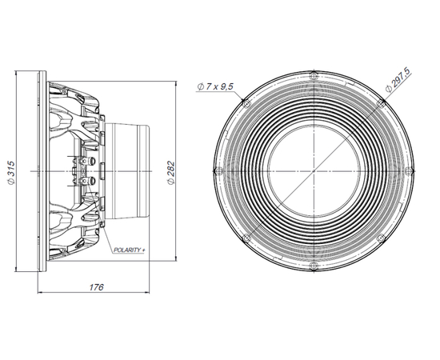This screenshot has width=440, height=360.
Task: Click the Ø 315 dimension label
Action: tap(10, 173)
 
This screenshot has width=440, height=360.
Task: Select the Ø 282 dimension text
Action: tap(170, 173)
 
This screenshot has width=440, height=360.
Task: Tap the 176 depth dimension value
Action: tap(96, 287)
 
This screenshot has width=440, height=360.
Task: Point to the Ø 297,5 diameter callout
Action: tap(398, 80)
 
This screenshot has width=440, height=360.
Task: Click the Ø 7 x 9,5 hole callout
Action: tap(215, 86)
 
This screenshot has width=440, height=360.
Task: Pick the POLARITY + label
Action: tap(130, 250)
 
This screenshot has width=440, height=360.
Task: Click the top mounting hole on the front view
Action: tap(314, 76)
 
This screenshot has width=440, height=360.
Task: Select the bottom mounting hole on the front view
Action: tap(314, 266)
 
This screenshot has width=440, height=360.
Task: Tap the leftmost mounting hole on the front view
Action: tap(219, 170)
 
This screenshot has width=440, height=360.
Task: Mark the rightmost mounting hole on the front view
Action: tap(409, 170)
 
